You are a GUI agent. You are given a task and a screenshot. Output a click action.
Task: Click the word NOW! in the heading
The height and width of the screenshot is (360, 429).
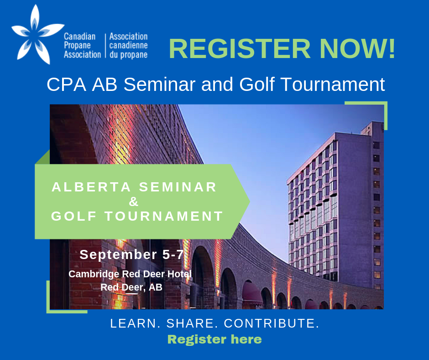tap(357, 48)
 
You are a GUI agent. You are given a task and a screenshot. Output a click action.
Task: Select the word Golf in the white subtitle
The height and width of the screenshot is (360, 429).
tap(256, 84)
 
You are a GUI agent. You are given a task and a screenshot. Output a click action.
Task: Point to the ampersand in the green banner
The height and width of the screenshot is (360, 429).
tap(134, 201)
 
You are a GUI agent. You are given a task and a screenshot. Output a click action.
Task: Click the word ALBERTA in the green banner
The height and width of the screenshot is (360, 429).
tap(91, 187)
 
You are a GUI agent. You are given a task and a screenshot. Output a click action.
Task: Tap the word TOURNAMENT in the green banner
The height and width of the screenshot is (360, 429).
tap(164, 216)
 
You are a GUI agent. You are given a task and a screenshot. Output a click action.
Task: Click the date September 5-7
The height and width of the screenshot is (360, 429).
tap(131, 254)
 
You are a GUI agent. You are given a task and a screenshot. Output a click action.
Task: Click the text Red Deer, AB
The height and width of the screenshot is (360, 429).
tap(131, 287)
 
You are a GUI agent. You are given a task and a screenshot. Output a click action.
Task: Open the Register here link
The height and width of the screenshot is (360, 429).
tap(214, 339)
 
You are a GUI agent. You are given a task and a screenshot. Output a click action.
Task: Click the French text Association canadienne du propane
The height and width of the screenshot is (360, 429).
tap(128, 46)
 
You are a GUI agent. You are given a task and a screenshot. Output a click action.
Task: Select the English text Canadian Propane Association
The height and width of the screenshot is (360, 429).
tap(82, 46)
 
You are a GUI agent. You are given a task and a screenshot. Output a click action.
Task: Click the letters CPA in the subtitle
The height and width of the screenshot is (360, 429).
tap(67, 84)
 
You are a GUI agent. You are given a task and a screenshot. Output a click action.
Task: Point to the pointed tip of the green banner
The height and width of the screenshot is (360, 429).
tap(250, 201)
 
